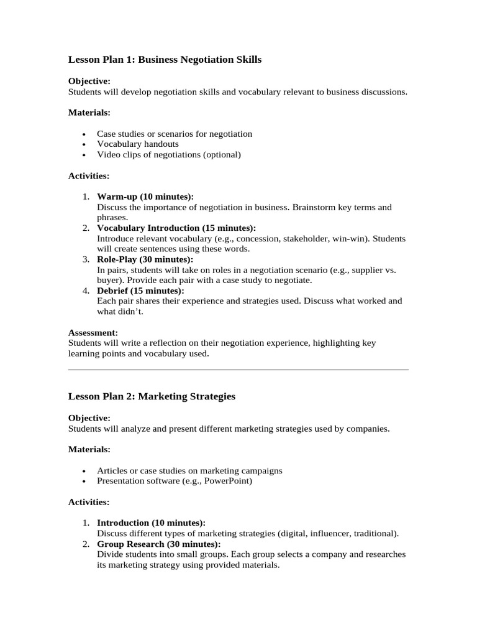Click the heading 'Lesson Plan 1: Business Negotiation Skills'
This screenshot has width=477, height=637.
click(165, 60)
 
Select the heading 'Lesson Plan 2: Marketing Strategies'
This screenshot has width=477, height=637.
click(152, 396)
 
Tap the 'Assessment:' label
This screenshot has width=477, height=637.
click(93, 333)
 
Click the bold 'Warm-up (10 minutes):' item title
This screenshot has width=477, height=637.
click(145, 197)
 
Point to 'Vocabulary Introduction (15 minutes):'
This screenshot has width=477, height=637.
click(176, 228)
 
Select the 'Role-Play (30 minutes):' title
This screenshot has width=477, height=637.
click(145, 259)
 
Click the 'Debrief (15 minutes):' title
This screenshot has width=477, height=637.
click(140, 291)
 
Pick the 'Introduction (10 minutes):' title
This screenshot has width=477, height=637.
click(151, 523)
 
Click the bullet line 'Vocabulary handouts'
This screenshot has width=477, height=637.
click(138, 144)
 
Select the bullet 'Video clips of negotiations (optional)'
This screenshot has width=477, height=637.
click(168, 154)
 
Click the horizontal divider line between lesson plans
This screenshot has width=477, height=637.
click(238, 370)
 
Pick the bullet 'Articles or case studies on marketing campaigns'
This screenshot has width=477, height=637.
click(189, 470)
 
